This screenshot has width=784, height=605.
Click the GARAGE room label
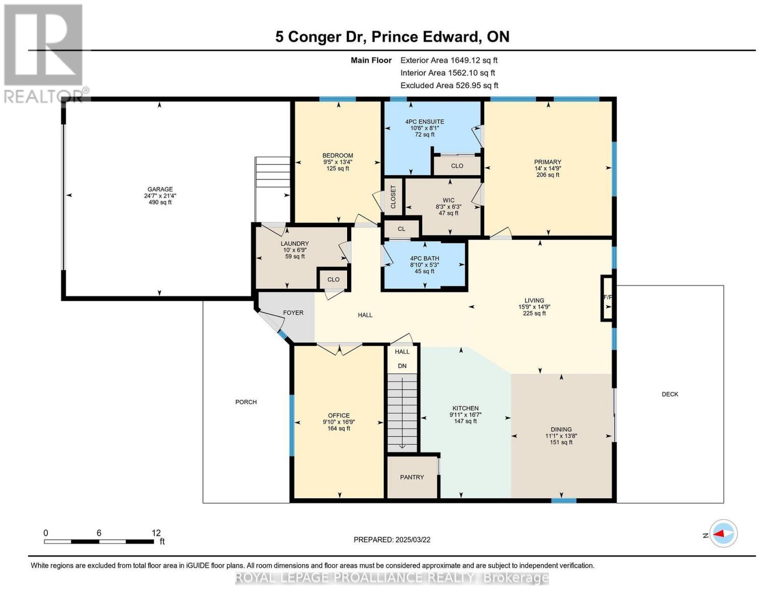click(160, 189)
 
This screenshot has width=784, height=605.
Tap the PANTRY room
click(412, 477)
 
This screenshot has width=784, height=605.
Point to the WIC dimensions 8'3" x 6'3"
click(448, 207)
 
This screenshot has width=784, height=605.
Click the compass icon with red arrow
click(723, 533)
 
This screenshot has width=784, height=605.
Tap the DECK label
click(669, 394)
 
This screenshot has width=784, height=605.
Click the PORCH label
click(246, 402)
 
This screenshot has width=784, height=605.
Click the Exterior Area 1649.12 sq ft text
click(449, 60)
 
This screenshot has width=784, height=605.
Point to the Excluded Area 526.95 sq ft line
click(449, 85)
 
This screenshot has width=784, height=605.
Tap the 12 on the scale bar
click(156, 533)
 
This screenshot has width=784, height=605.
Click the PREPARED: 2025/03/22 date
click(391, 539)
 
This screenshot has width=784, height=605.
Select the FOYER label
click(293, 313)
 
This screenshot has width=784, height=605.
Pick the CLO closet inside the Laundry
click(333, 279)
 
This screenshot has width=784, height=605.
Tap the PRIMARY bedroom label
click(547, 162)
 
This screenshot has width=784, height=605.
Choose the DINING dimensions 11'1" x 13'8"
click(561, 436)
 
